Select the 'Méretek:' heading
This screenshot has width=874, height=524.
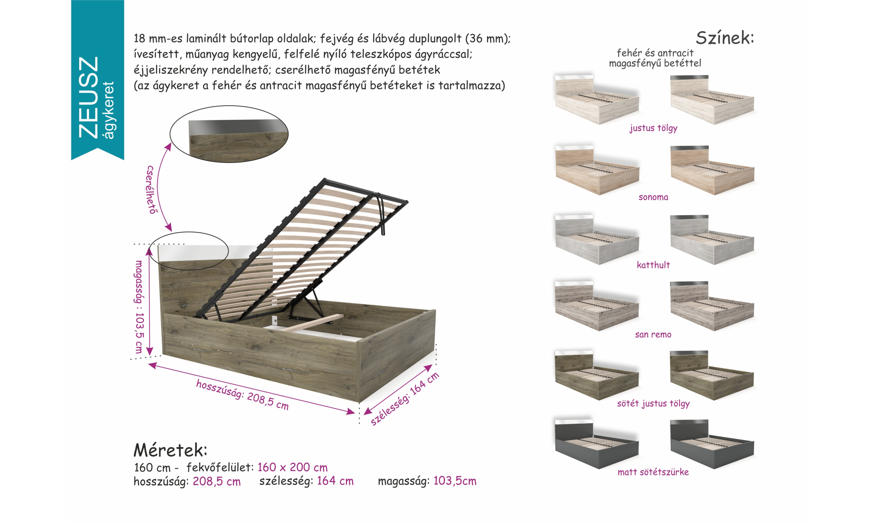170,450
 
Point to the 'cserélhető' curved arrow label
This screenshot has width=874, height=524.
151,190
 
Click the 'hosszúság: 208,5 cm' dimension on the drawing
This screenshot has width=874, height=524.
242,395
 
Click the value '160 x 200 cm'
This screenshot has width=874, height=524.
292,467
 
